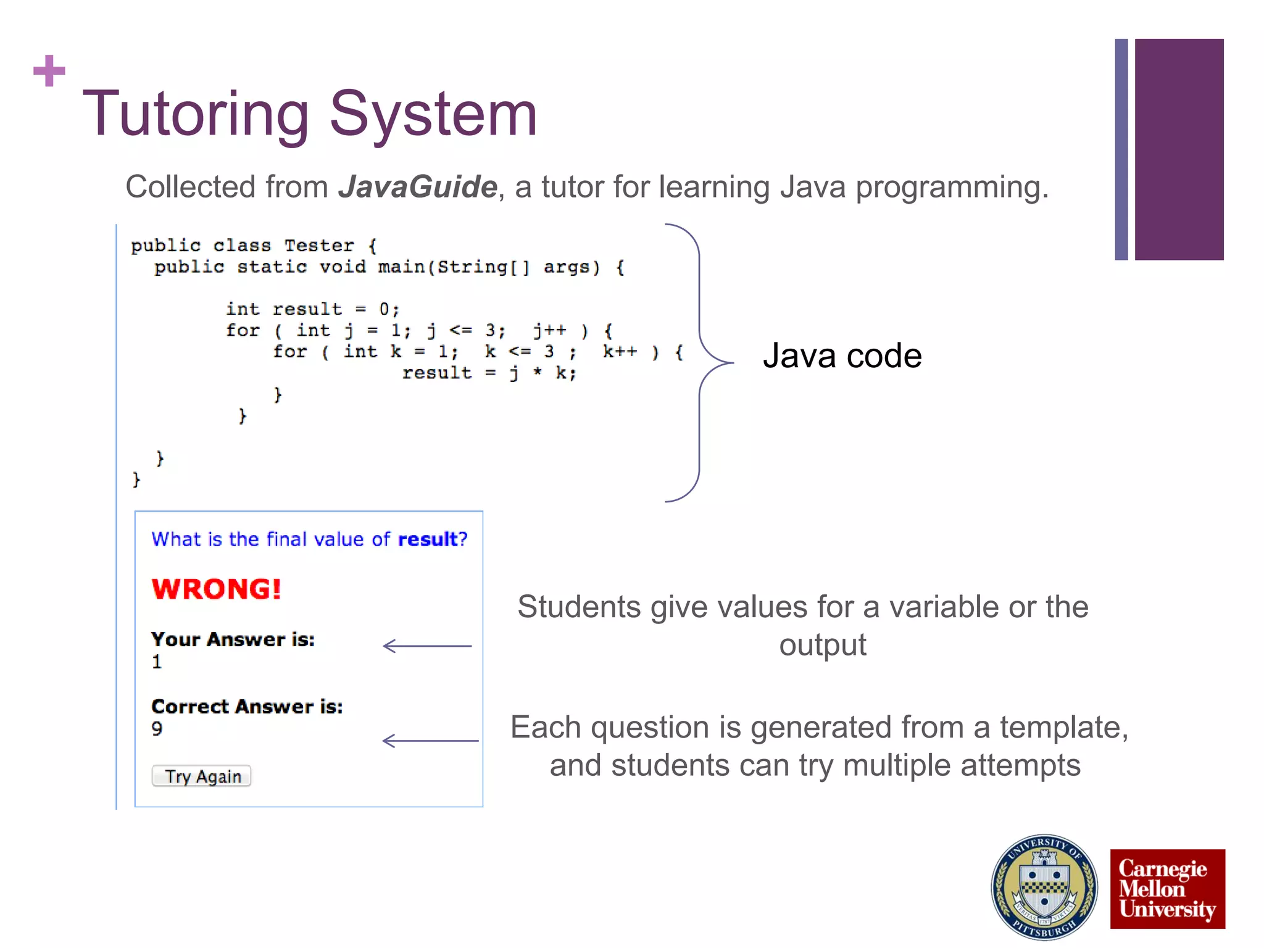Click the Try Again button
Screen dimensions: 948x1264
point(201,776)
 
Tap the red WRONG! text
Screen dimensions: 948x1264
point(216,589)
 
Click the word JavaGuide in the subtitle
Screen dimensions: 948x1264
point(418,187)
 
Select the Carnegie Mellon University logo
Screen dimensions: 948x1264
point(1167,889)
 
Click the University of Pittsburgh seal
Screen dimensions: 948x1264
point(1044,888)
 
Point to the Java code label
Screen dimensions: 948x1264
point(842,356)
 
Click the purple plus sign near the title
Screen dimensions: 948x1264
point(49,71)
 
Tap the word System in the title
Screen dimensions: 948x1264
point(433,114)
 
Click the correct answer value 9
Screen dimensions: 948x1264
point(157,729)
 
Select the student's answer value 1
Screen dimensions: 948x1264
point(157,662)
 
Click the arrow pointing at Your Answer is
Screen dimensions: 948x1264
point(426,646)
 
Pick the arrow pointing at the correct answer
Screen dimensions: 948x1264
point(430,741)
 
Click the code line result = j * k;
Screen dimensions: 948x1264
point(489,373)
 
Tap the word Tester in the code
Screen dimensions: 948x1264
point(319,246)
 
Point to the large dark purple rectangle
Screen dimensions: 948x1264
point(1179,149)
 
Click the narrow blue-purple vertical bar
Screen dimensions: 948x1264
point(1121,149)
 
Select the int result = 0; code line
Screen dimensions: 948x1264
point(312,309)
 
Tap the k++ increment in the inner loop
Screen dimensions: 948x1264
point(620,352)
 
